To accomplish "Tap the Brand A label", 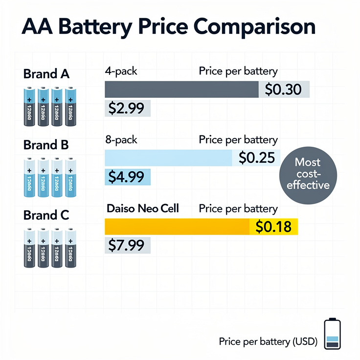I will coord(46,74).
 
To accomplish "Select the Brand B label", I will coord(46,145).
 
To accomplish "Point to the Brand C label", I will coord(46,215).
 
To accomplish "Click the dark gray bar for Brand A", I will coord(181,90).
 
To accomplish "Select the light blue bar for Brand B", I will coord(169,158).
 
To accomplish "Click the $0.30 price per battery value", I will coord(283,90).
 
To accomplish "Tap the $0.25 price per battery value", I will coord(256,158).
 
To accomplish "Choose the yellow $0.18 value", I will coord(273,226).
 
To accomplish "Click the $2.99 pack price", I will coord(128,108).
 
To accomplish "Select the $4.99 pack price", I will coord(128,177).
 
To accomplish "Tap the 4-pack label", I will coord(121,71).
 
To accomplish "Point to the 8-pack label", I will coord(121,140).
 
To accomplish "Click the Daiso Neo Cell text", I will coord(142,208).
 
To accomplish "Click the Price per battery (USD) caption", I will coord(269,341).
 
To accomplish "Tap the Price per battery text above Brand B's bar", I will coord(238,140).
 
